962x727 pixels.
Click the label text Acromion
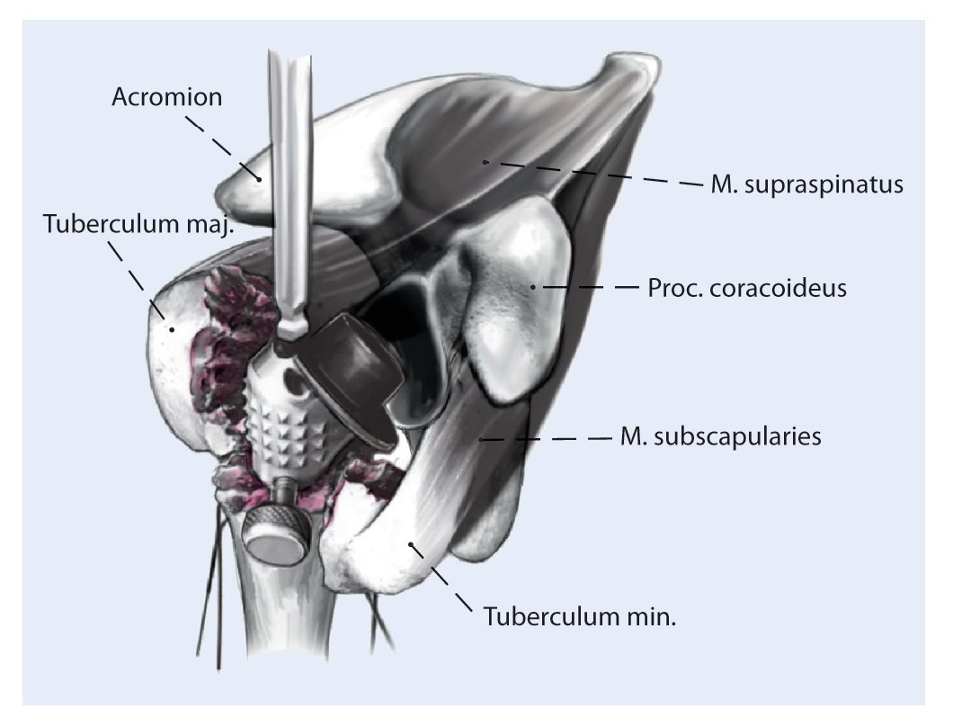tap(166, 96)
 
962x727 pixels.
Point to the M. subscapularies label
tap(720, 437)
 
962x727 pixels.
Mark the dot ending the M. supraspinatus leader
tap(484, 161)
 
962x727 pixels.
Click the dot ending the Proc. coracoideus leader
tap(532, 287)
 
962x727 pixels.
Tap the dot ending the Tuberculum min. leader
tap(410, 543)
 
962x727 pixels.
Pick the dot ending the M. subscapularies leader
tap(482, 439)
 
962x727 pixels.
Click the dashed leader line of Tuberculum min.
tap(442, 577)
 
